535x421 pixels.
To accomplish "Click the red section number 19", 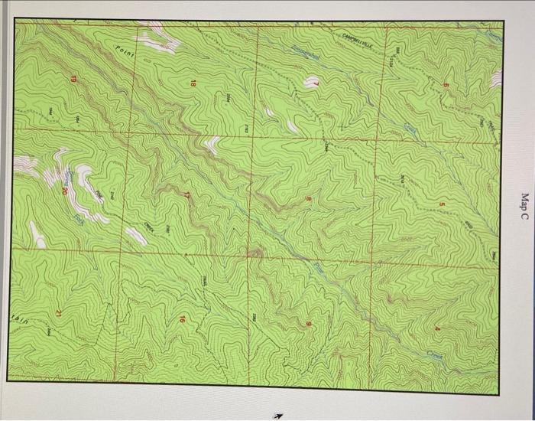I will point(74,80).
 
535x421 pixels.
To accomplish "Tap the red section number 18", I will point(193,82).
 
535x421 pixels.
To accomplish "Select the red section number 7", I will point(314,82).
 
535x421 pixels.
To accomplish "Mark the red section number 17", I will point(187,196).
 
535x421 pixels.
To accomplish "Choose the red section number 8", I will point(310,201).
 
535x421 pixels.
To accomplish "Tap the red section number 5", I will point(441,204).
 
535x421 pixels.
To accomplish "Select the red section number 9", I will point(309,325).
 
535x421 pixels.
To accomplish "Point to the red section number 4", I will point(437,329).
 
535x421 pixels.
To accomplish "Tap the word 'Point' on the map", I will point(125,54).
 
